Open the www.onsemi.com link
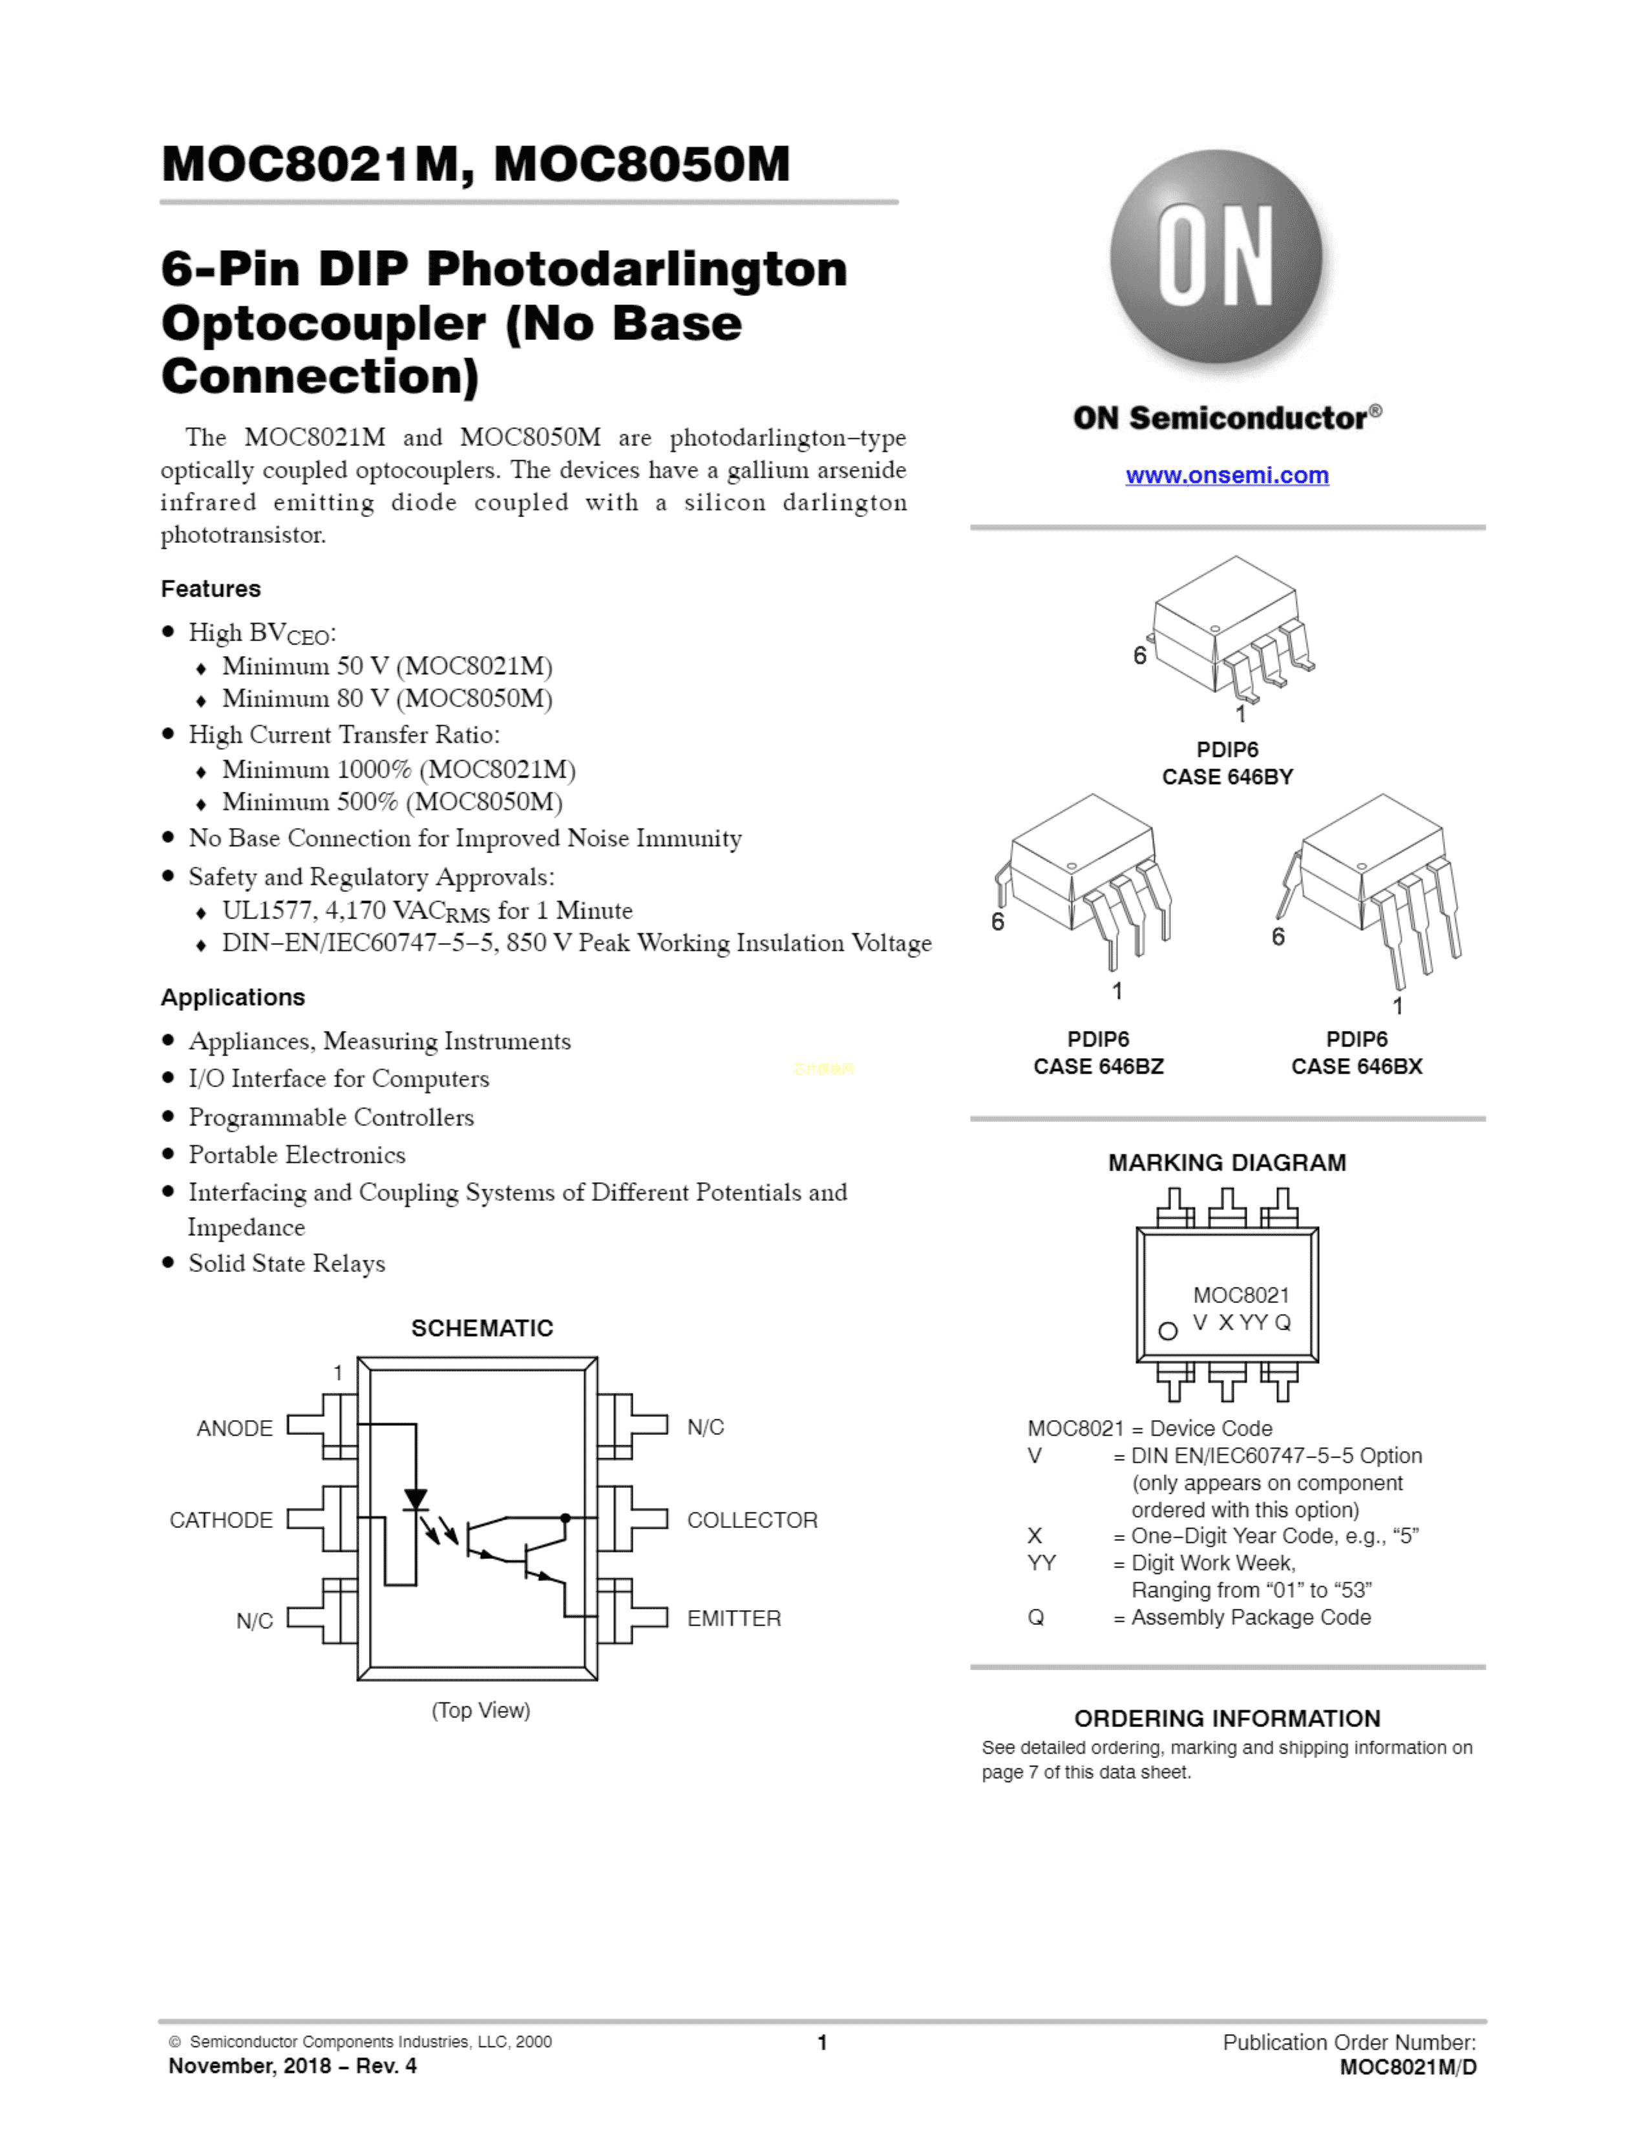tap(1226, 476)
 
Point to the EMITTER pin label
tap(734, 1618)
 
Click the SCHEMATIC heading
tap(481, 1328)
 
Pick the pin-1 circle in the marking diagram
tap(1168, 1331)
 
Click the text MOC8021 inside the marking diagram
tap(1241, 1295)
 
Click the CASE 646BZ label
tap(1098, 1066)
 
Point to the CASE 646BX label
tap(1356, 1066)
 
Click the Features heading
tap(211, 589)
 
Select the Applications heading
tap(233, 997)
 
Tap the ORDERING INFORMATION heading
tap(1226, 1718)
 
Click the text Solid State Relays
tap(286, 1264)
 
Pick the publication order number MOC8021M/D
tap(1407, 2066)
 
